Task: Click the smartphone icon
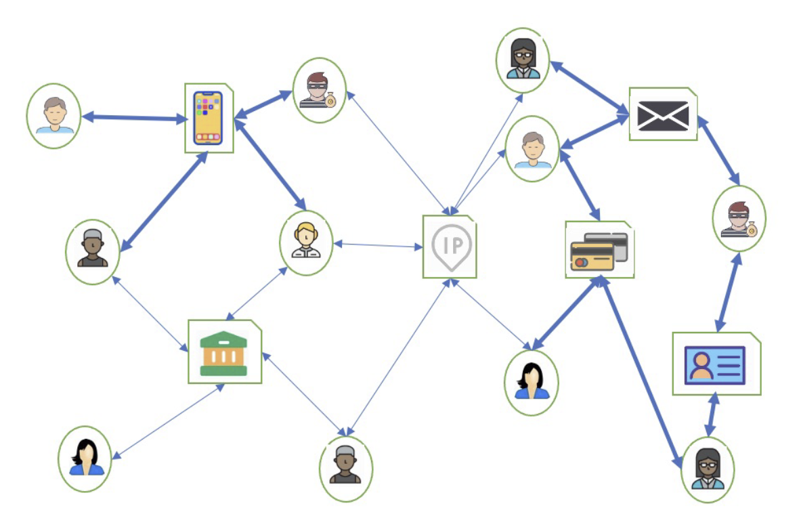point(208,118)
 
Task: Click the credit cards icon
point(599,251)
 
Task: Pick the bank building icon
point(223,354)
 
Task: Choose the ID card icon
point(714,365)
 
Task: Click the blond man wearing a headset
point(306,240)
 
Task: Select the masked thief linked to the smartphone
point(319,91)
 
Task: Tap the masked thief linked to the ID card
point(739,219)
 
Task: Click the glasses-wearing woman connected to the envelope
point(523,60)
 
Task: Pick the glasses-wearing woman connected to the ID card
point(708,469)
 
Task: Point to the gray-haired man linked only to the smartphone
point(55,116)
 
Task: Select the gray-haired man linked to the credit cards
point(532,150)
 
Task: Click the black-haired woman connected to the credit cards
point(532,381)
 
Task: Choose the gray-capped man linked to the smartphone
point(93,249)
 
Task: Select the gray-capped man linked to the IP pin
point(346,465)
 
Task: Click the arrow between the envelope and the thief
point(719,150)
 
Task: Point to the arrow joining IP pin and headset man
point(378,245)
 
